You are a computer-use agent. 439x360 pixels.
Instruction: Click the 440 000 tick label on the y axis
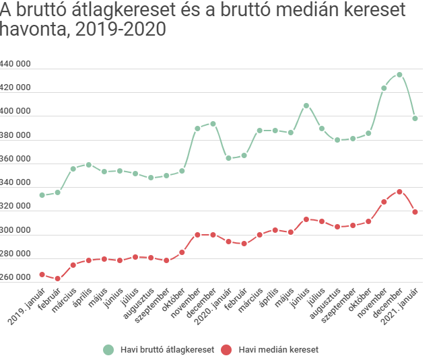pos(15,64)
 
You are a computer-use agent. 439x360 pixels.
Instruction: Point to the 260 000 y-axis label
pos(15,278)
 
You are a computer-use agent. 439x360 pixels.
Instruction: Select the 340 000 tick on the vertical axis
pos(15,183)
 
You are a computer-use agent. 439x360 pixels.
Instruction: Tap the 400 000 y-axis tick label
pos(15,112)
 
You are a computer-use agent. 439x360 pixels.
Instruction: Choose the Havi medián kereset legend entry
pos(276,350)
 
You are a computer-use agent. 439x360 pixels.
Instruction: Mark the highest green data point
pos(399,75)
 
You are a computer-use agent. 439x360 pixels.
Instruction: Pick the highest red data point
pos(399,192)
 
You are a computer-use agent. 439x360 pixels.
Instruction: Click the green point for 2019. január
pos(42,195)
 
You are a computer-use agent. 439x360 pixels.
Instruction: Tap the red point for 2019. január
pos(42,275)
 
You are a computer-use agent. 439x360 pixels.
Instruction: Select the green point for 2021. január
pos(415,118)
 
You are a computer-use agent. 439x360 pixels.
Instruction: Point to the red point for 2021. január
pos(415,212)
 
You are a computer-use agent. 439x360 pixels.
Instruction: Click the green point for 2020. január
pos(228,158)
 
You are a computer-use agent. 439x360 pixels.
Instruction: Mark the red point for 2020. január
pos(228,242)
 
